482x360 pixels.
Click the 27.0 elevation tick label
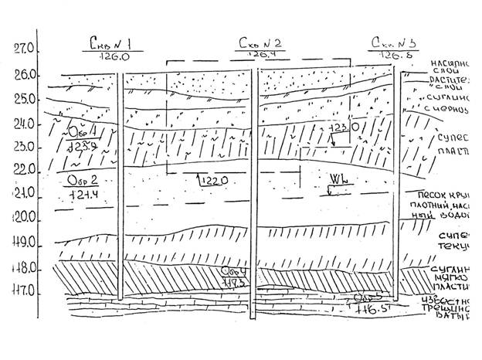point(25,49)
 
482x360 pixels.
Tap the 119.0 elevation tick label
point(25,244)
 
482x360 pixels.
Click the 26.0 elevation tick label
point(25,75)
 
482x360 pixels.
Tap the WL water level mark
point(335,178)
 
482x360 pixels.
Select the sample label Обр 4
point(233,272)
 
